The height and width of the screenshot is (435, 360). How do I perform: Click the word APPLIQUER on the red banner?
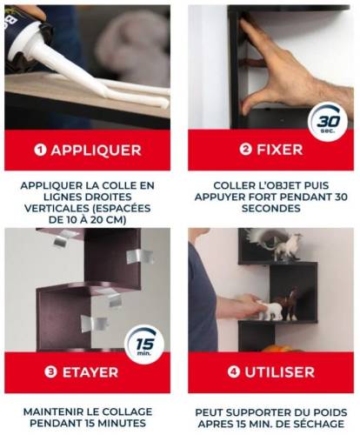tap(97, 151)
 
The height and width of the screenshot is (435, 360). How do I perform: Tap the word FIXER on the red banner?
tap(280, 150)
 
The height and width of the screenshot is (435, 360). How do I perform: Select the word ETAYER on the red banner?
tap(90, 372)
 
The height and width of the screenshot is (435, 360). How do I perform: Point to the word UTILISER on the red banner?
tap(280, 372)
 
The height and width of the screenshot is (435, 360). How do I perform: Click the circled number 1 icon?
tap(40, 150)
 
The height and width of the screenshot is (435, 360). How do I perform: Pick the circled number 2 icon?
tap(246, 150)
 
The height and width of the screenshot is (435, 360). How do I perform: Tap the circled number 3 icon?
tap(50, 372)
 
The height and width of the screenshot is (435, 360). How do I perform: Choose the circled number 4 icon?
tap(234, 372)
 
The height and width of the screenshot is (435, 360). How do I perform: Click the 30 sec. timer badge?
tap(328, 122)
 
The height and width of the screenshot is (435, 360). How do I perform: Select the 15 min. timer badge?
tap(144, 345)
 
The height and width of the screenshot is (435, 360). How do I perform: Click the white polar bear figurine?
tap(269, 311)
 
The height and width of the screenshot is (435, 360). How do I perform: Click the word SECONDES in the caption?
tap(271, 208)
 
